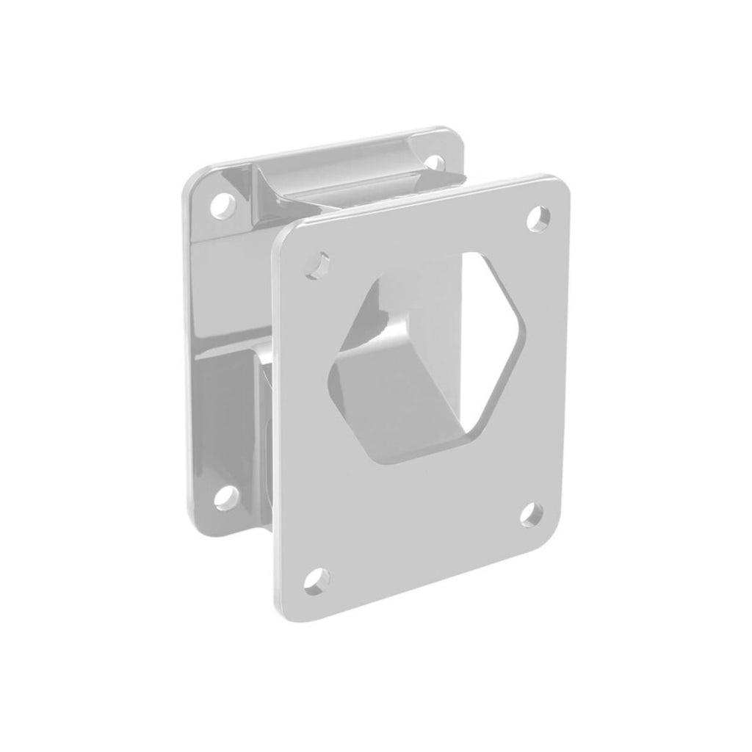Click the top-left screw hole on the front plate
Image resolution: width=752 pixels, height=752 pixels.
pos(319,264)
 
